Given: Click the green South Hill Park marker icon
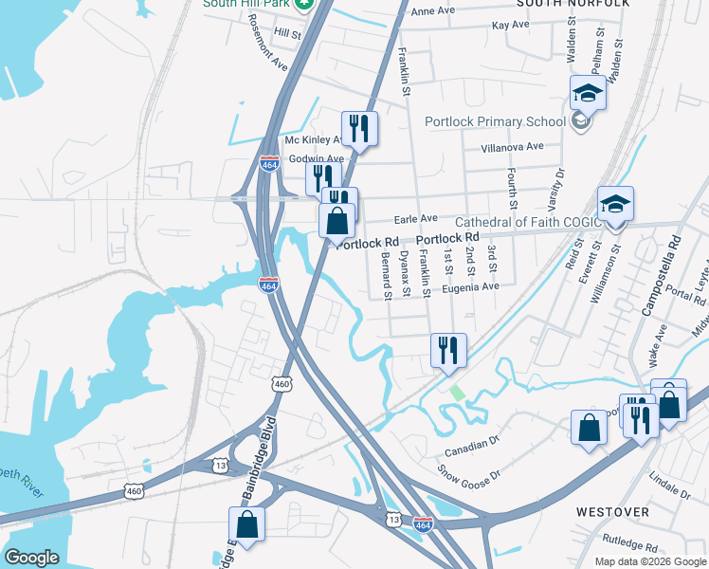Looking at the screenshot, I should (x=303, y=4).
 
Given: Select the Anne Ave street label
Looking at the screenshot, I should (x=433, y=11).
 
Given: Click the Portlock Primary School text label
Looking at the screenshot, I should (x=482, y=121).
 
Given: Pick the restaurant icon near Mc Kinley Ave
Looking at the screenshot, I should (x=359, y=128).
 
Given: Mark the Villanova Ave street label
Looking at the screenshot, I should (x=512, y=147).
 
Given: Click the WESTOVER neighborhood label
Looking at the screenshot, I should (x=612, y=512).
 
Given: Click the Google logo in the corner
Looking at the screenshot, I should (x=32, y=558).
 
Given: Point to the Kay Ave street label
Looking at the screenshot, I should (x=510, y=24).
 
